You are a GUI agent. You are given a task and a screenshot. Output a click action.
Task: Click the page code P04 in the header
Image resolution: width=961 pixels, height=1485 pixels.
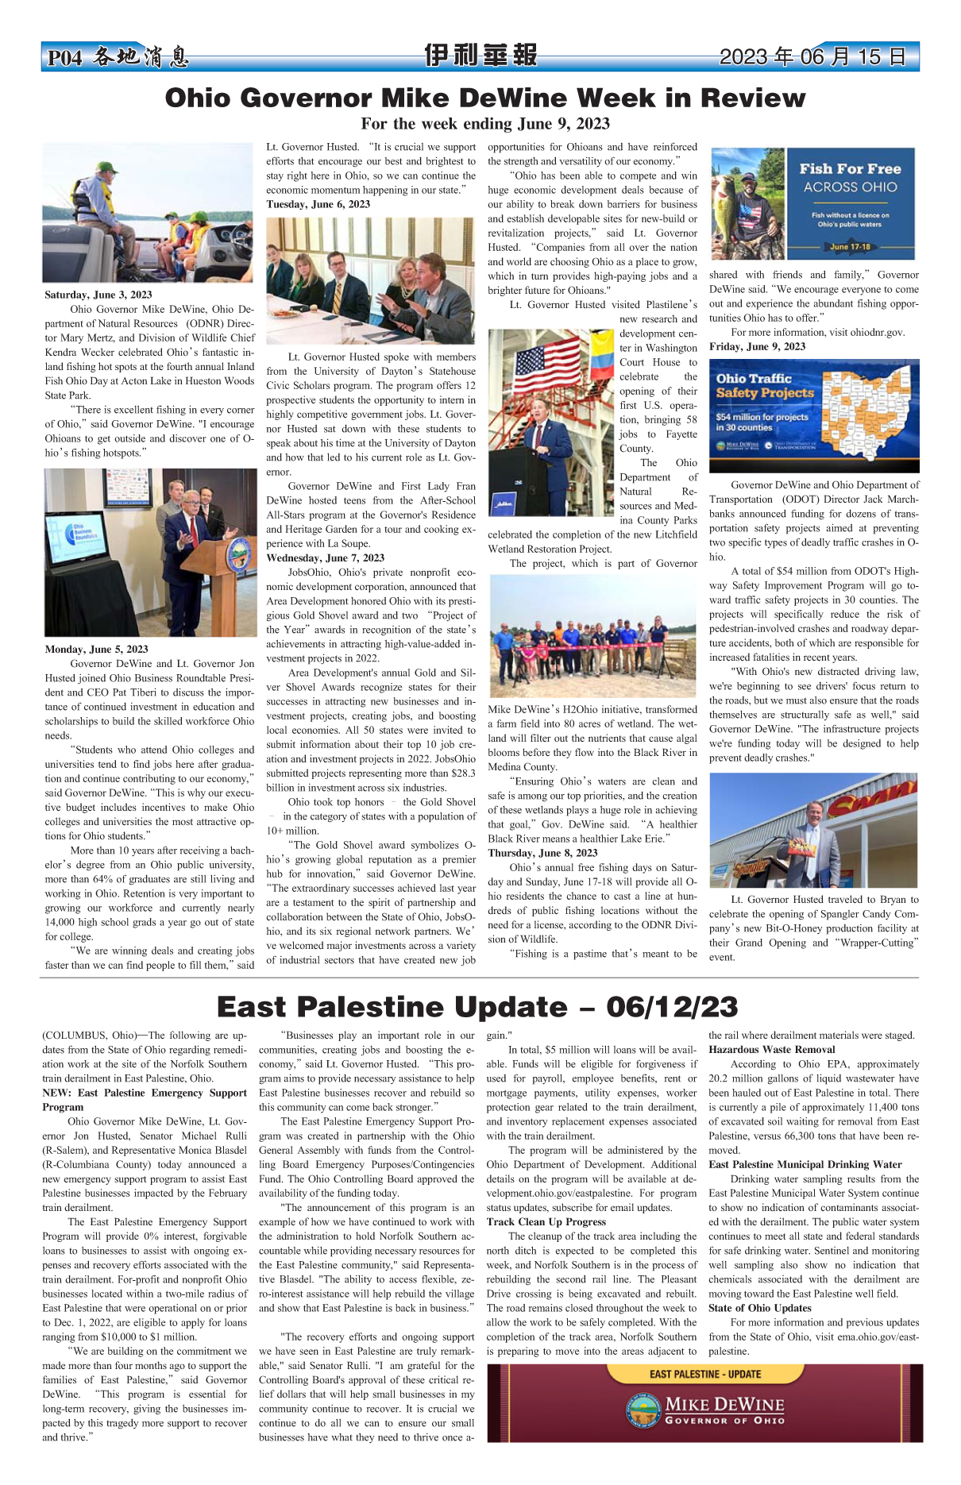coord(64,58)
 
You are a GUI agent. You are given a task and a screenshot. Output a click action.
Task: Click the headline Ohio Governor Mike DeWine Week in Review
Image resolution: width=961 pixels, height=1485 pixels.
coord(484,98)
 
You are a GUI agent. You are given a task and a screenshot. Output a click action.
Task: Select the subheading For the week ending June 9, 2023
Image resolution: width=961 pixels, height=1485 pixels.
coord(484,124)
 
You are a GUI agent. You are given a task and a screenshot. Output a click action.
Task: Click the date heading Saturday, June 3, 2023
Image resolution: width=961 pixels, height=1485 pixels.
coord(98,295)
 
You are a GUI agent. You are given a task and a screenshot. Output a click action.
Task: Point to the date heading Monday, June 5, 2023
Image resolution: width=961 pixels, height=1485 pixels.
coord(96,649)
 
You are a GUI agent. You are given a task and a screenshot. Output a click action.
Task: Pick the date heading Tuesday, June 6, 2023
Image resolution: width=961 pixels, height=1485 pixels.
coord(318,204)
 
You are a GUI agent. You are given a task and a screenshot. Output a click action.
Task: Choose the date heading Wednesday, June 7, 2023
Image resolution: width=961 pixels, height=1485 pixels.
coord(325,557)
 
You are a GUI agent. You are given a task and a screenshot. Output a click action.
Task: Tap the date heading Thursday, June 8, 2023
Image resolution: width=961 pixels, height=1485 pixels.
coord(542,853)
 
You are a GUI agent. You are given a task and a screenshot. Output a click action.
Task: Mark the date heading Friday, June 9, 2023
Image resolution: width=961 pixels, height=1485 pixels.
coord(757,346)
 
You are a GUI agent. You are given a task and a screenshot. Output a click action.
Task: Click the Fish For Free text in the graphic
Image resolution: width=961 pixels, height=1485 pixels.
coord(850,169)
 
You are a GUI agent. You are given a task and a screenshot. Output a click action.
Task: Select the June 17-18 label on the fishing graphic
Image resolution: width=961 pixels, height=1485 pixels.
coord(850,246)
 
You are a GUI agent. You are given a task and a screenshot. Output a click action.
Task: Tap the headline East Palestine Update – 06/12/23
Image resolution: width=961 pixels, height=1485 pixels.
coord(477,1007)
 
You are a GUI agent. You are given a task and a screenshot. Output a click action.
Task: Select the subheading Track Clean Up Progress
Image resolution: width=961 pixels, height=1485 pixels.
coord(546,1221)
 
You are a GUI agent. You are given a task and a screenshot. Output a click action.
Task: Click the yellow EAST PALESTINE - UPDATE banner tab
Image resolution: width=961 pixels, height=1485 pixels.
coord(704,1374)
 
